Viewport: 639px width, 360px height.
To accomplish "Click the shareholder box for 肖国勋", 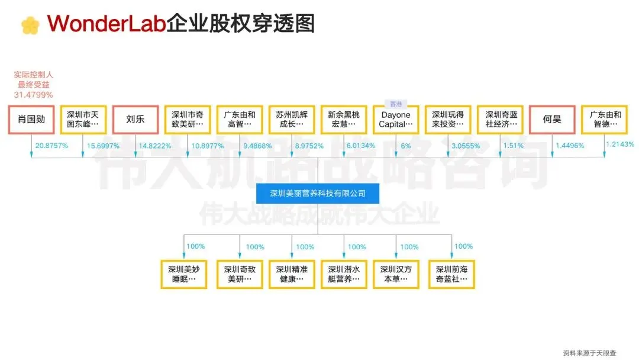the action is pos(31,120).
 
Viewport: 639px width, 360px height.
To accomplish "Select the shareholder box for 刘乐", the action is pos(135,120).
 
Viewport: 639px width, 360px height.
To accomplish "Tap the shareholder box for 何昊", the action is pos(552,120).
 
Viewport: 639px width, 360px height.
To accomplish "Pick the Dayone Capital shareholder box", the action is pos(396,120).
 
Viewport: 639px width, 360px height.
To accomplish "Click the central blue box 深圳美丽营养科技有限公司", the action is pos(318,193).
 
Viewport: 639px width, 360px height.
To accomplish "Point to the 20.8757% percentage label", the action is pos(52,146).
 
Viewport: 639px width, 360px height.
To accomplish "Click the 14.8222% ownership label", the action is pos(154,146).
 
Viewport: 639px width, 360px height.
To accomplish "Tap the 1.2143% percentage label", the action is pos(620,144).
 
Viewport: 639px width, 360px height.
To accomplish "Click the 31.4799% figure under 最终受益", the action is pos(34,95).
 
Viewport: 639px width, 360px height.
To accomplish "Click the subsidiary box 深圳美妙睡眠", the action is pos(183,274).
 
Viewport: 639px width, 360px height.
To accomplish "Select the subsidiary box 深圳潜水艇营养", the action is pos(344,274).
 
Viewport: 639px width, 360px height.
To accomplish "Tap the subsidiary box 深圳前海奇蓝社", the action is pos(451,274).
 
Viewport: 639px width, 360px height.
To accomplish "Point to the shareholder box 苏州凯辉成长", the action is pos(292,120).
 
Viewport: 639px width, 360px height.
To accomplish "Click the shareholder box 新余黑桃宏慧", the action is pos(344,120).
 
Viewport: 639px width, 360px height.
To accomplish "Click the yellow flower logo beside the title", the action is pos(30,25).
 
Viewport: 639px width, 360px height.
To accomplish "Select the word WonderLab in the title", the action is pos(106,24).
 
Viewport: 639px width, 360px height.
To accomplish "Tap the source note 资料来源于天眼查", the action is pos(589,352).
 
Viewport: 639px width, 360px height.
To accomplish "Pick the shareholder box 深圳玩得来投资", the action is pos(448,120).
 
